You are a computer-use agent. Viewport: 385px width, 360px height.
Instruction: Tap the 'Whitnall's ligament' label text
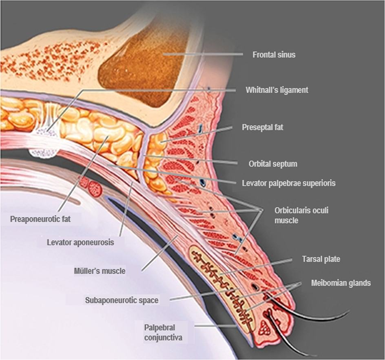point(277,90)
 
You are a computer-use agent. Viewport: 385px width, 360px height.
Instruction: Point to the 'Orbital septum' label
point(273,164)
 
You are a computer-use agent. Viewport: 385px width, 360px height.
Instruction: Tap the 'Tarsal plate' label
point(321,259)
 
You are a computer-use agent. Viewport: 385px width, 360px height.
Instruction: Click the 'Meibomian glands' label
point(341,282)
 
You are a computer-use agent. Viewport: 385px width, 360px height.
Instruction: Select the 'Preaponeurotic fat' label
point(40,219)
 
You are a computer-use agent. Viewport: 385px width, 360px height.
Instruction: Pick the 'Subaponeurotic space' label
point(122,301)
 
